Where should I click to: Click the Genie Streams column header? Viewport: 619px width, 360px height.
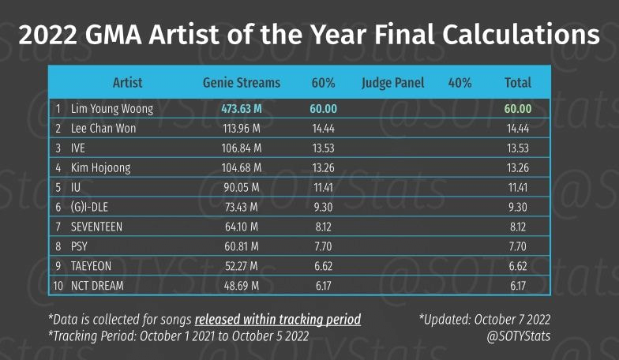[242, 82]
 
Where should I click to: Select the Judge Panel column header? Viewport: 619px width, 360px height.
[393, 83]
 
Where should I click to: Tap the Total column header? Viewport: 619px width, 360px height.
[518, 82]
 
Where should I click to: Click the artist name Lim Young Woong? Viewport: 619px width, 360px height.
[112, 109]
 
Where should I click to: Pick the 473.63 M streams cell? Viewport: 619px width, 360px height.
[242, 109]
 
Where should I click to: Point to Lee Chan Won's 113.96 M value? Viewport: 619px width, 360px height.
[242, 128]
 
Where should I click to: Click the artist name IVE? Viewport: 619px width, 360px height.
[77, 148]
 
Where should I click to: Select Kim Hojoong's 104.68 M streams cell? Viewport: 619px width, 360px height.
[242, 167]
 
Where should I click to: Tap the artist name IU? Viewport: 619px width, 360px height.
[76, 187]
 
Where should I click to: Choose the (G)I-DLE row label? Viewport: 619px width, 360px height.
[89, 207]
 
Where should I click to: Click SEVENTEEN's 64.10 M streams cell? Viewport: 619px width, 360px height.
[242, 227]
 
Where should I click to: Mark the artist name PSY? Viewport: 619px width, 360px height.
[79, 246]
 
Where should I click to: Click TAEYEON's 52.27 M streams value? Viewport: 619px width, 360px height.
[242, 266]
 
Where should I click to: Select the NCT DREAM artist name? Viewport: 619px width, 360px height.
[97, 286]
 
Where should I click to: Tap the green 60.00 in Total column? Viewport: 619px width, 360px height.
[518, 109]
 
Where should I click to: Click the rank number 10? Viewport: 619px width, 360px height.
[58, 286]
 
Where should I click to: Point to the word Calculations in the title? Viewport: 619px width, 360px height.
[521, 35]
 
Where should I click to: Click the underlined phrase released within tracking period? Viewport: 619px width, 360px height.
[278, 319]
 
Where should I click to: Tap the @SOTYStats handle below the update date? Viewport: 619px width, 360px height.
[518, 336]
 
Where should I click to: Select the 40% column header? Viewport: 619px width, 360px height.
[460, 83]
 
